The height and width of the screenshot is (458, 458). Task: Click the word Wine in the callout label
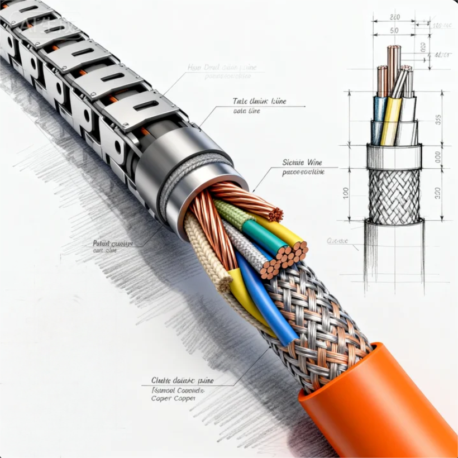[314, 163]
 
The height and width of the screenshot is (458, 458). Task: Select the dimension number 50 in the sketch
[394, 30]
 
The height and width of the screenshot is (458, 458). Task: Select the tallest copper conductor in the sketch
[393, 65]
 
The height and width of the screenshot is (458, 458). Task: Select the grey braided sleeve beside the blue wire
[246, 246]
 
